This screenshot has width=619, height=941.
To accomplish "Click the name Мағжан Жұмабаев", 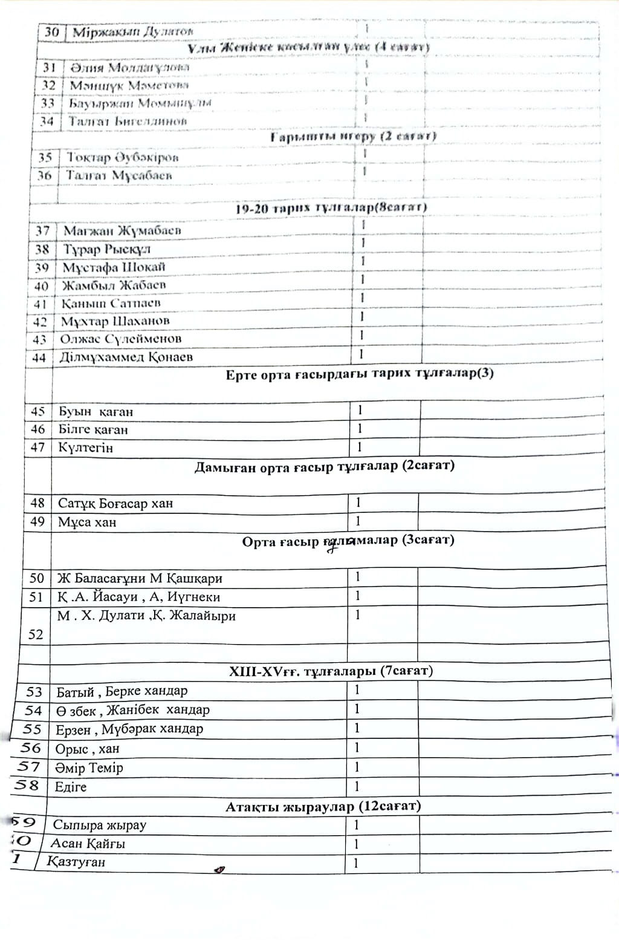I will (x=122, y=230).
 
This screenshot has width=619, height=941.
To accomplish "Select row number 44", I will (x=39, y=357).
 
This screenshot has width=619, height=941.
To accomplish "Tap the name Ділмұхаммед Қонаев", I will (x=126, y=357).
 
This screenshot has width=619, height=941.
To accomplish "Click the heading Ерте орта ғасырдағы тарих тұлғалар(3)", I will (x=360, y=374).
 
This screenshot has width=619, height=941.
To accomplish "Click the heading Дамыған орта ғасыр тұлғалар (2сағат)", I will (x=324, y=467).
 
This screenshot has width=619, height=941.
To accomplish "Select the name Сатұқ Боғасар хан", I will (x=115, y=503).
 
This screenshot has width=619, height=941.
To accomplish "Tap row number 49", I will (x=37, y=521).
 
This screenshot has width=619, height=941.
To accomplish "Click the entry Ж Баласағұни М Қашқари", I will (x=139, y=578).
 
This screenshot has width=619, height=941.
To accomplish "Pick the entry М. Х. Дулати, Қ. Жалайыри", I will (x=146, y=616).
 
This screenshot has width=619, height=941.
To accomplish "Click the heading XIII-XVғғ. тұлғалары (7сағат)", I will (x=331, y=671).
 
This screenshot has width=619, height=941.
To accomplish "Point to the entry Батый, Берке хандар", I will (x=122, y=691).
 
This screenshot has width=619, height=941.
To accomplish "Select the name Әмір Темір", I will (x=89, y=768).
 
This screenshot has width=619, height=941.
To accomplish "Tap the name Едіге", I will (x=71, y=787).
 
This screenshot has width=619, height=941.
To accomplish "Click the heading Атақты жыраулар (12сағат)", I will (x=323, y=806).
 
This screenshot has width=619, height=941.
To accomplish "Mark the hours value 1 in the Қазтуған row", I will (x=356, y=863).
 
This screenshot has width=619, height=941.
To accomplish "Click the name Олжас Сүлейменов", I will (x=120, y=339).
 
